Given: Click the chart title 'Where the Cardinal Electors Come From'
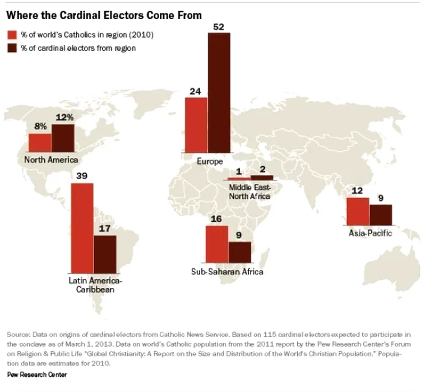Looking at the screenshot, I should pyautogui.click(x=104, y=15).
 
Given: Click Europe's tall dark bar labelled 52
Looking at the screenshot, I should pyautogui.click(x=219, y=92).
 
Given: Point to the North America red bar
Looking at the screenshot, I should pyautogui.click(x=40, y=142).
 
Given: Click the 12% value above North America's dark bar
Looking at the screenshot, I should pyautogui.click(x=63, y=118).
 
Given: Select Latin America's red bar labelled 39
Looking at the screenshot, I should pyautogui.click(x=82, y=227).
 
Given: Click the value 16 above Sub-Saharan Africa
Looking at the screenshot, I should pyautogui.click(x=216, y=219).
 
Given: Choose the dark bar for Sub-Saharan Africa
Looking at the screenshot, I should pyautogui.click(x=240, y=252).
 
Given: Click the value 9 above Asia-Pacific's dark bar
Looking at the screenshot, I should pyautogui.click(x=381, y=198).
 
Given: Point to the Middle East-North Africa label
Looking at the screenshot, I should pyautogui.click(x=250, y=191).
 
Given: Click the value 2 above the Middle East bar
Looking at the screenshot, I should pyautogui.click(x=262, y=170).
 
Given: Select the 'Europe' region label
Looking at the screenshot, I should pyautogui.click(x=210, y=161).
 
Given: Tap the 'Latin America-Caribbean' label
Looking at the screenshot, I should pyautogui.click(x=95, y=284).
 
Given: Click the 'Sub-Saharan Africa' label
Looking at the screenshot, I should pyautogui.click(x=227, y=272).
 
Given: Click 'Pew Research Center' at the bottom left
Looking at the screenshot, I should pyautogui.click(x=37, y=374).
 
